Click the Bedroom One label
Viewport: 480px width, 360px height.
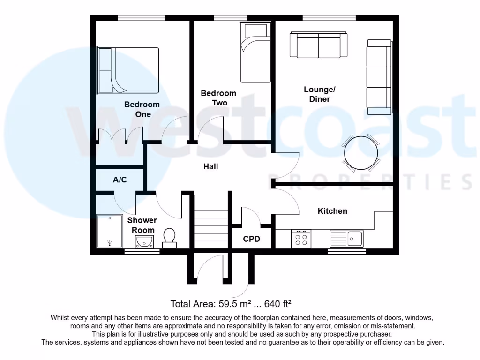[142, 109]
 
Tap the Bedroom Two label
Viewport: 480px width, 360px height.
[218, 98]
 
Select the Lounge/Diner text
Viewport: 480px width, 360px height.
[320, 94]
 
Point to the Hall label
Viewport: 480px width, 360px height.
[210, 166]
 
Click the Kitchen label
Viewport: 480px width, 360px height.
[332, 211]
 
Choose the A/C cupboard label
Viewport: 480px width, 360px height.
[120, 180]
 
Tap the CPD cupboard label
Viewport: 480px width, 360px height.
[251, 239]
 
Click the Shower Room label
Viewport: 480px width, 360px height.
[142, 225]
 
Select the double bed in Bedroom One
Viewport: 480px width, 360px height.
[128, 70]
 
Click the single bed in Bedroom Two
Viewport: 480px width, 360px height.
[255, 52]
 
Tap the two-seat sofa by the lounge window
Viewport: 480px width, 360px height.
[319, 45]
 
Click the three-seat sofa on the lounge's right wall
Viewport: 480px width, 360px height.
[379, 77]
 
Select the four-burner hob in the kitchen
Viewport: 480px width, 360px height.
[301, 238]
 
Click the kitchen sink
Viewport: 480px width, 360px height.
[346, 238]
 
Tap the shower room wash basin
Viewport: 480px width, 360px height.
[145, 241]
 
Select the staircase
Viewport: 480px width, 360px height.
[210, 221]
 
